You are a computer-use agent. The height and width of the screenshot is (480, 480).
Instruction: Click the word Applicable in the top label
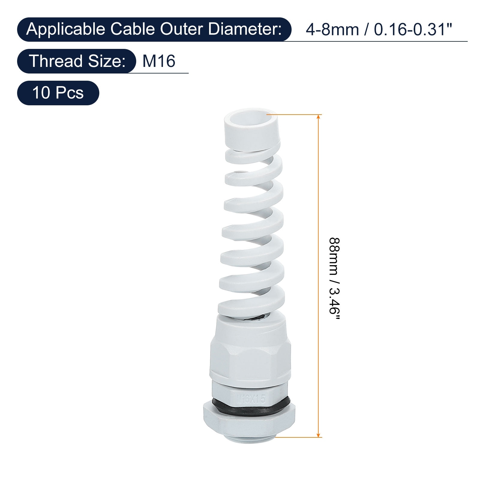click(66, 30)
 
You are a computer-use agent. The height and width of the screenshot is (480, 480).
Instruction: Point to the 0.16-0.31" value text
click(413, 30)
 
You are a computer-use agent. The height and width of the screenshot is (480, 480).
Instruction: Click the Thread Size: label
click(77, 61)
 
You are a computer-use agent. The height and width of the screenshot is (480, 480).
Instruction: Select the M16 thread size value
click(159, 61)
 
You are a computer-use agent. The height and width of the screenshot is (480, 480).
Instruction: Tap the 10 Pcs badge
click(58, 93)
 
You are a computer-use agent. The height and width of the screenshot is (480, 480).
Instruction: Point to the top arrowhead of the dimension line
click(319, 117)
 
